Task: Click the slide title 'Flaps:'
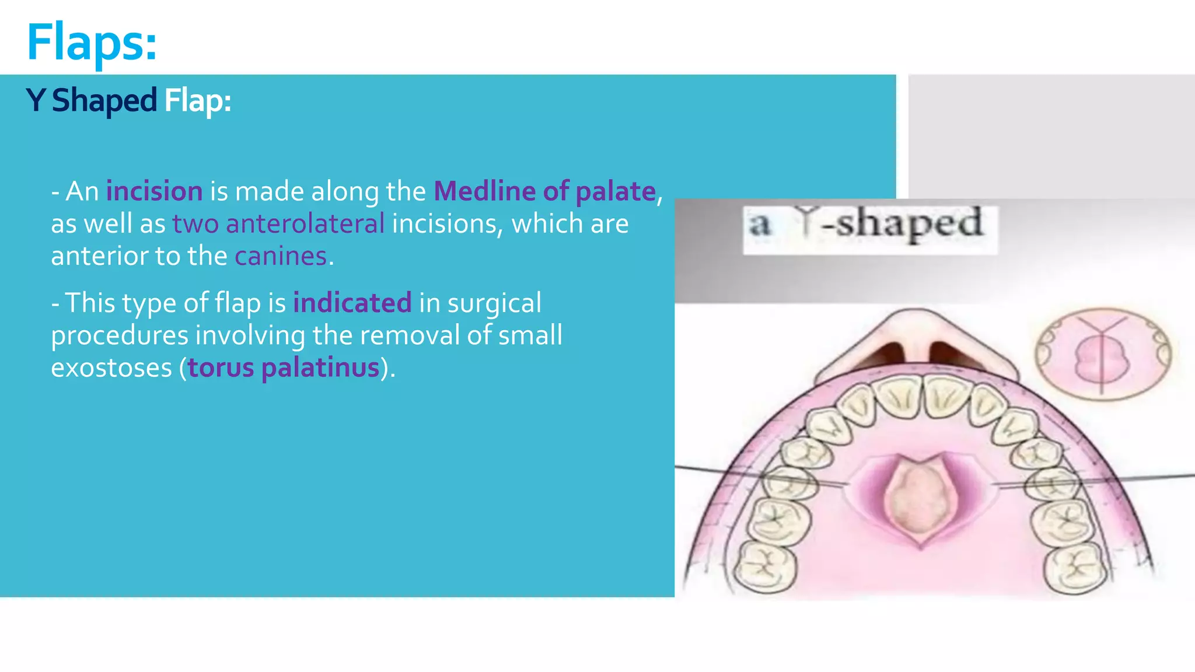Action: pos(92,42)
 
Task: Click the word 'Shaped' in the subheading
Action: pos(104,100)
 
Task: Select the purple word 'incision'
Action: pos(154,191)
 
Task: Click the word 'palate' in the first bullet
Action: pos(616,191)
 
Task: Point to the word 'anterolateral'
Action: pos(305,224)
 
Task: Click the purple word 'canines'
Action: pos(281,256)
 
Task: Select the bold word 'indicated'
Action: pos(352,303)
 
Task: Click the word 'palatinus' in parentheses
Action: pos(320,368)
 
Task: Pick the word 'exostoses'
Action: pos(111,368)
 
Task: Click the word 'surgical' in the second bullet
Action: pos(494,303)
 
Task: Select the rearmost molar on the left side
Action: pos(766,566)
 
